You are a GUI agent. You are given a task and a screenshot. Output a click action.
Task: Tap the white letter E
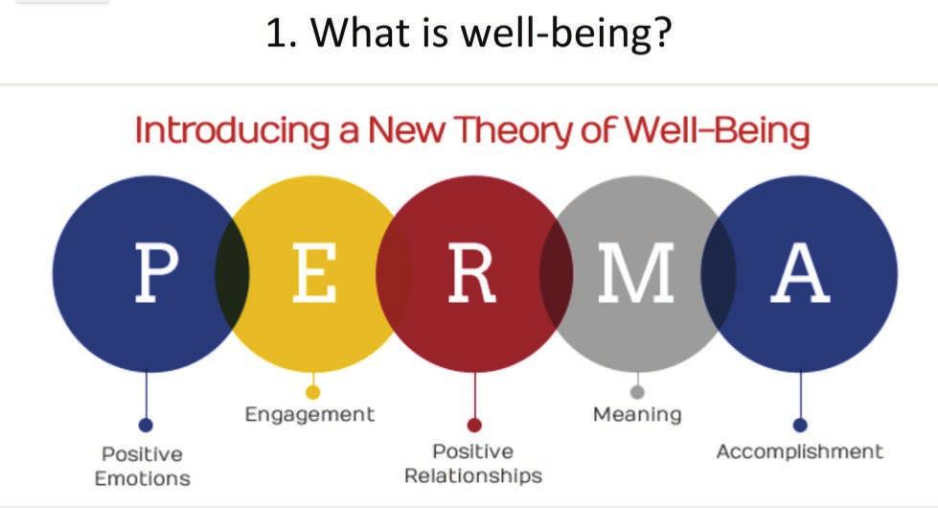click(314, 272)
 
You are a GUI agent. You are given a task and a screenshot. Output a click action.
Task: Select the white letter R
click(472, 272)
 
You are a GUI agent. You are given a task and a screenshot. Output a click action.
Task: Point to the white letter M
click(636, 272)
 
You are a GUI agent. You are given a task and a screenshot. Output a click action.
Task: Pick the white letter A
click(800, 272)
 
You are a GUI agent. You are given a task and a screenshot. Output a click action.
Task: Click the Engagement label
click(309, 415)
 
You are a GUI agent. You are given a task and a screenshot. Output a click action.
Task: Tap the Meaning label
click(637, 414)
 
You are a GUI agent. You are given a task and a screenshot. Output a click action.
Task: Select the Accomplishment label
click(800, 451)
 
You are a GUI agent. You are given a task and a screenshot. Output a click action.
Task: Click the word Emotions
click(143, 478)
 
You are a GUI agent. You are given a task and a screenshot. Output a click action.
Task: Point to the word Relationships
click(473, 476)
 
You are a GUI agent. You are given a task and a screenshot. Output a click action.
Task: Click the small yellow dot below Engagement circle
click(313, 392)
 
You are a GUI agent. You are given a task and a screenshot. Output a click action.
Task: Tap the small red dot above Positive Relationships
click(474, 425)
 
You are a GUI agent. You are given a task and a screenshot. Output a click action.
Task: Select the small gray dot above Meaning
click(638, 392)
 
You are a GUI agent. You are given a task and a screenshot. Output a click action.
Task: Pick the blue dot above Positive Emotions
click(146, 425)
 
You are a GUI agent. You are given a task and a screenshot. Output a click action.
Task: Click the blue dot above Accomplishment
click(800, 425)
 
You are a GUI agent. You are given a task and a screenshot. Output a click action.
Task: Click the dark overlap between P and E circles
click(232, 274)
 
